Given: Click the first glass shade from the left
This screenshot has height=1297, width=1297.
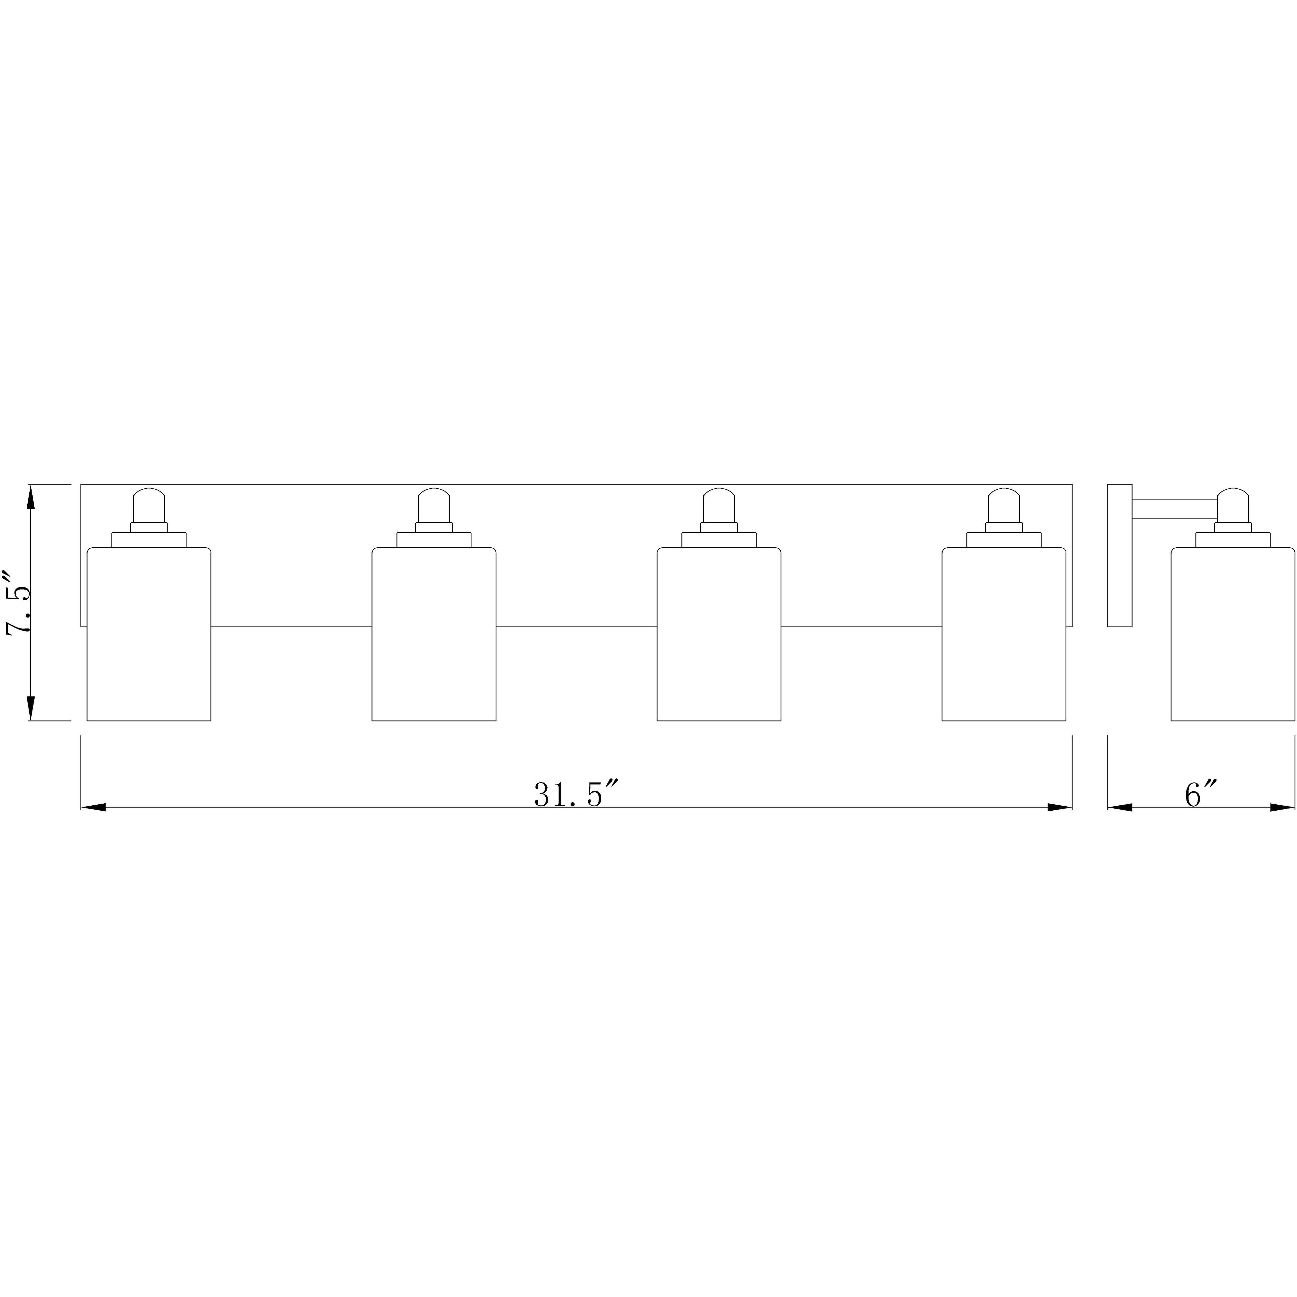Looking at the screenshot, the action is tap(149, 635).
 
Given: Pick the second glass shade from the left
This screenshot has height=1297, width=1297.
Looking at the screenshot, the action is tap(434, 635).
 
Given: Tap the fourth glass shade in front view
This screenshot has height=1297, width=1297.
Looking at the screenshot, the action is tap(1004, 635).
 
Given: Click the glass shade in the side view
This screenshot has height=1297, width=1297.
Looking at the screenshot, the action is tap(1232, 635).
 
